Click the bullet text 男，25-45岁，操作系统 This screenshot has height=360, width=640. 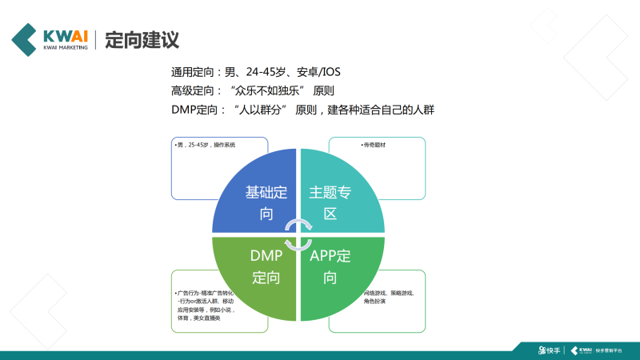[207, 146]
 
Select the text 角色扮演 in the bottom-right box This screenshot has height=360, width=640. [376, 302]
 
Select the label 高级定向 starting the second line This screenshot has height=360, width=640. [193, 90]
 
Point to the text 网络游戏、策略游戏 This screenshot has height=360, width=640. [389, 293]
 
